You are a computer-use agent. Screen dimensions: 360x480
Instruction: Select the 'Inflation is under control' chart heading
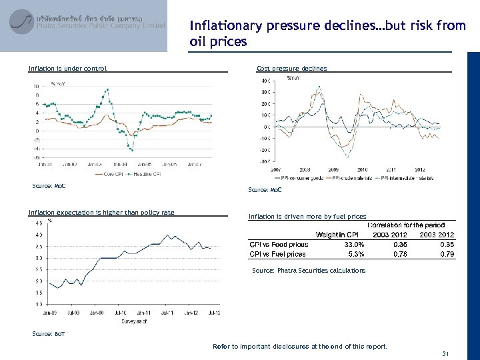pyautogui.click(x=67, y=68)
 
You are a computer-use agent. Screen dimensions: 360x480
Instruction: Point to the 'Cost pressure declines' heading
pyautogui.click(x=292, y=68)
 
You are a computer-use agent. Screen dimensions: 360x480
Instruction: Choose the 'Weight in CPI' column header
pyautogui.click(x=337, y=234)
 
